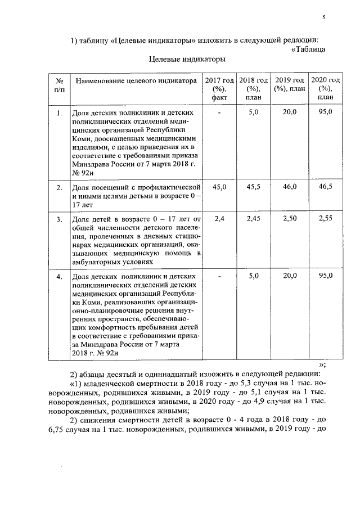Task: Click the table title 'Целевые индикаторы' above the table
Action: [187, 58]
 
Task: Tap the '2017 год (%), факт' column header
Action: [219, 88]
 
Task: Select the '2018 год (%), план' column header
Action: [253, 88]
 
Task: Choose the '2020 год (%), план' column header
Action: [325, 88]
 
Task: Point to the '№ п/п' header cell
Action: [59, 84]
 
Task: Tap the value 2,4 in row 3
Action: [219, 218]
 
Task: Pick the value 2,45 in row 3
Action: [253, 218]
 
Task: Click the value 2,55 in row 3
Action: [325, 218]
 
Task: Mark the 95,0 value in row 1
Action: [325, 113]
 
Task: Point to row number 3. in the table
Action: [59, 218]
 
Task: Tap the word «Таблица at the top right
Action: [309, 49]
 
